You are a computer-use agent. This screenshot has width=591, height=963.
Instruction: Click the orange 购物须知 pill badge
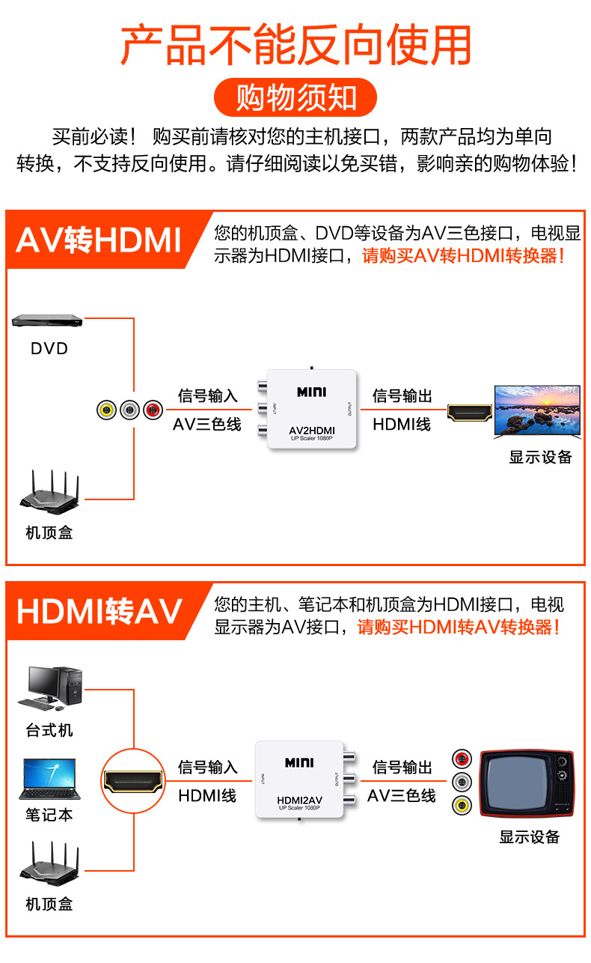pyautogui.click(x=295, y=97)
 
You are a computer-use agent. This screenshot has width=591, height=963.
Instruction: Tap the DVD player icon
pyautogui.click(x=47, y=321)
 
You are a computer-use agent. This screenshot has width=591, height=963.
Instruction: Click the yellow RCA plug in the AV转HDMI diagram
pyautogui.click(x=106, y=410)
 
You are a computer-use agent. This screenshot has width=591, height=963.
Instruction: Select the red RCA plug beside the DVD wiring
pyautogui.click(x=153, y=410)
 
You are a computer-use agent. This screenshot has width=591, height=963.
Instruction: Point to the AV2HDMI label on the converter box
pyautogui.click(x=312, y=431)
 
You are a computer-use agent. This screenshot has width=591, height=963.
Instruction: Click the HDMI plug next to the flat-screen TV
pyautogui.click(x=470, y=413)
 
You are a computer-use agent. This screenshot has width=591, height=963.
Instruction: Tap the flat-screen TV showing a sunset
pyautogui.click(x=537, y=411)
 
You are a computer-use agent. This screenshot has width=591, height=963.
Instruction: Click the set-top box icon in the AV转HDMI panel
pyautogui.click(x=49, y=493)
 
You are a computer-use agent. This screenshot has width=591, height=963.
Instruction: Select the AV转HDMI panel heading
pyautogui.click(x=99, y=240)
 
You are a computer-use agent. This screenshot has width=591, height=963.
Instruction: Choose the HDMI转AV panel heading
pyautogui.click(x=99, y=611)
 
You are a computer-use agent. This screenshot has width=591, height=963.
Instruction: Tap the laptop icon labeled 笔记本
pyautogui.click(x=50, y=779)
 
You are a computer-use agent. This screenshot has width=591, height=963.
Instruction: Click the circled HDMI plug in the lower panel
pyautogui.click(x=134, y=781)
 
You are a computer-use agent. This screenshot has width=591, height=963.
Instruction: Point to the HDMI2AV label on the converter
pyautogui.click(x=300, y=800)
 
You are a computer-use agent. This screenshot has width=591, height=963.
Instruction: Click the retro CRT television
pyautogui.click(x=527, y=783)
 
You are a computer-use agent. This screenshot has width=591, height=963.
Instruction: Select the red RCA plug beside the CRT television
pyautogui.click(x=462, y=759)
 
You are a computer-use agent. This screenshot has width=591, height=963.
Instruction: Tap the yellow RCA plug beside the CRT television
pyautogui.click(x=462, y=805)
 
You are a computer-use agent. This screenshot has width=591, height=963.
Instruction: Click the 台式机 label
pyautogui.click(x=49, y=730)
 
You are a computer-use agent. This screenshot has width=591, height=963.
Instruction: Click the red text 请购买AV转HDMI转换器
pyautogui.click(x=463, y=256)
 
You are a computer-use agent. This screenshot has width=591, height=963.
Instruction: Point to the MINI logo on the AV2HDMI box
pyautogui.click(x=312, y=392)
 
